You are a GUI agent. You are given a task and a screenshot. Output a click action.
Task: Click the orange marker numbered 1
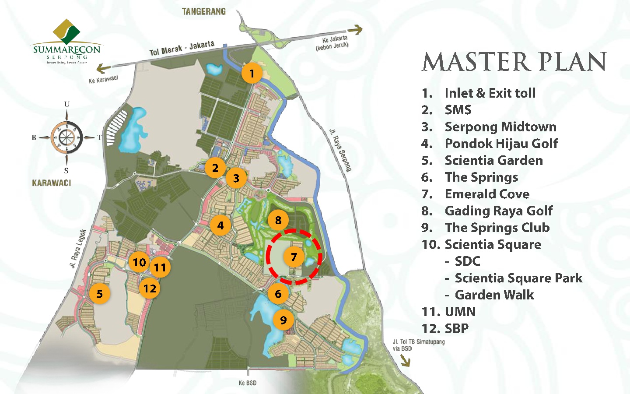coord(252,73)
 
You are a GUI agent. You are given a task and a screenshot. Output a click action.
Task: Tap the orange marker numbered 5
coord(100,294)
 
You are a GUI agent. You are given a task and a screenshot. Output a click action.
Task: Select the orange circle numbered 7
coord(294,257)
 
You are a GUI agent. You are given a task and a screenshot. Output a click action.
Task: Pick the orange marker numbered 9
coord(283,320)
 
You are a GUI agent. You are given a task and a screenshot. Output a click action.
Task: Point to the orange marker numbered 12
coord(150,288)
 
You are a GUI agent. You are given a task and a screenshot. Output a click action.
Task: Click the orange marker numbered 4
coord(220,225)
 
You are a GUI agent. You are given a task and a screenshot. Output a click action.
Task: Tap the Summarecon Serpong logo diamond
coord(66,32)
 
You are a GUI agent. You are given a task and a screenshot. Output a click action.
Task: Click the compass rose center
coord(66,137)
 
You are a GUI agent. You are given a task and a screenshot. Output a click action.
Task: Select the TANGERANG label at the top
coord(204,11)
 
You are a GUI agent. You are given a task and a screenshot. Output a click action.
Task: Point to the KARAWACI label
coord(52,183)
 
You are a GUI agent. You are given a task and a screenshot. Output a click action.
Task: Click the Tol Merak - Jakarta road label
coord(182,48)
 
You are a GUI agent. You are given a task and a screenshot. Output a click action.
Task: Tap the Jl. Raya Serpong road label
coord(340,150)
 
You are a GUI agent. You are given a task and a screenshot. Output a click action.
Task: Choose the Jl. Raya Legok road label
coord(78,248)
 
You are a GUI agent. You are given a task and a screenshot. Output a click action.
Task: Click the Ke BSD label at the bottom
coord(248,383)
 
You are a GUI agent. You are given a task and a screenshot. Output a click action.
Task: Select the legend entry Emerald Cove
coord(487,194)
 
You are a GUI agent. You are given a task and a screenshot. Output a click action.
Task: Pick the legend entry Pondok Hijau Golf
coord(501,144)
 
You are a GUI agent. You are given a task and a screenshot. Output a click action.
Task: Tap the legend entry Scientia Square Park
coord(518,278)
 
